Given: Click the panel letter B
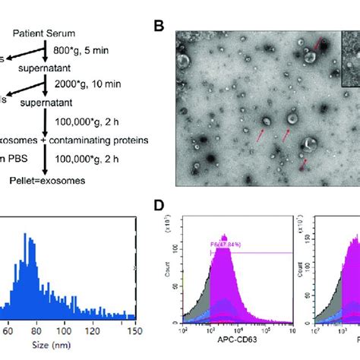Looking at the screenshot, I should [159, 27].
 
